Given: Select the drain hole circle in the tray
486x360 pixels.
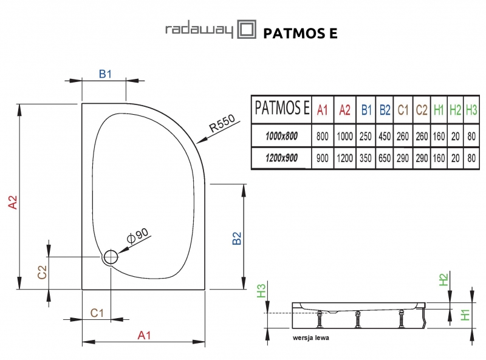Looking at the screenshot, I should [x=111, y=257].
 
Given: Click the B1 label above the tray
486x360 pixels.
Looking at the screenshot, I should [x=105, y=74].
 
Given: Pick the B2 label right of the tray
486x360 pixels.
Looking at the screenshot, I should [x=238, y=239].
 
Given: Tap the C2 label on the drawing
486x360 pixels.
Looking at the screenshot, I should [x=42, y=272].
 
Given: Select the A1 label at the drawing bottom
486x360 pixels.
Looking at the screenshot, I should [x=144, y=334].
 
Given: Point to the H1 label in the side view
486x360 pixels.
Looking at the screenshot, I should [x=465, y=314].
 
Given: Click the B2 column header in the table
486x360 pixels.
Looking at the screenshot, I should [x=385, y=110].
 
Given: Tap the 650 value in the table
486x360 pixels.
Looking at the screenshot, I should [x=385, y=158].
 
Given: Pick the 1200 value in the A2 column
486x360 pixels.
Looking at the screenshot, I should [x=344, y=158].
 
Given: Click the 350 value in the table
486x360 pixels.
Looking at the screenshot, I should [x=366, y=158].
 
